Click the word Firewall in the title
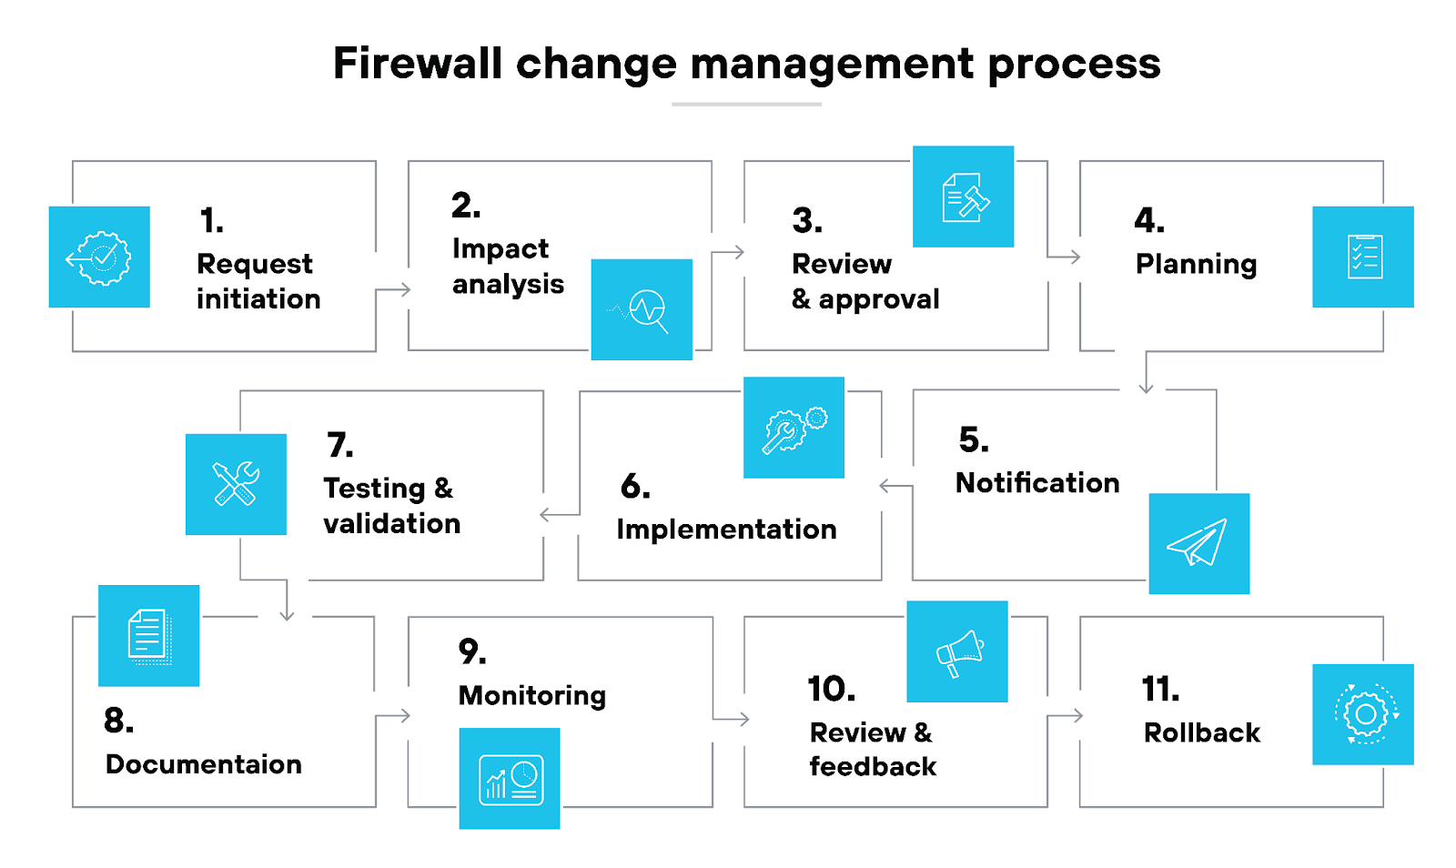pyautogui.click(x=418, y=64)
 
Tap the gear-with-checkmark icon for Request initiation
pyautogui.click(x=99, y=257)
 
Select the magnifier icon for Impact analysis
pyautogui.click(x=642, y=309)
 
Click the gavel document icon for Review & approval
pyautogui.click(x=963, y=197)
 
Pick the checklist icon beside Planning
pyautogui.click(x=1362, y=257)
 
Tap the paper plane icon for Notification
pyautogui.click(x=1198, y=543)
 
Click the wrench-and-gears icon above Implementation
pyautogui.click(x=794, y=428)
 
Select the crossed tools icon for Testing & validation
pyautogui.click(x=236, y=484)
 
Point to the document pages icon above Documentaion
pyautogui.click(x=148, y=635)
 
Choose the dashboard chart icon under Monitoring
pyautogui.click(x=510, y=779)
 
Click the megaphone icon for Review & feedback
pyautogui.click(x=957, y=651)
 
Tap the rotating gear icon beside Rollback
pyautogui.click(x=1362, y=714)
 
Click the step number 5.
pyautogui.click(x=973, y=440)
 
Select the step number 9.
pyautogui.click(x=471, y=651)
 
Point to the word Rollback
pyautogui.click(x=1201, y=732)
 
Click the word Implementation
pyautogui.click(x=726, y=530)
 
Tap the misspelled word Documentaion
pyautogui.click(x=204, y=764)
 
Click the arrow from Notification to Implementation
pyautogui.click(x=895, y=487)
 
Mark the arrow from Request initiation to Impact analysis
pyautogui.click(x=393, y=290)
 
